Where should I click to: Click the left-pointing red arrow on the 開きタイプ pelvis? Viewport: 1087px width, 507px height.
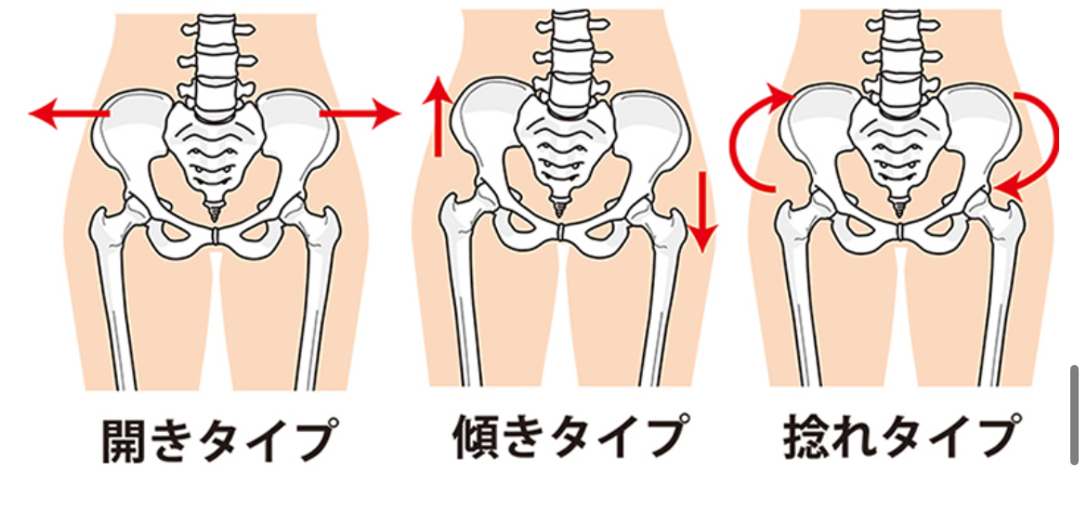pos(70,114)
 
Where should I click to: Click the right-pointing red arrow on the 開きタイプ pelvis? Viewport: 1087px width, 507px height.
pos(359,113)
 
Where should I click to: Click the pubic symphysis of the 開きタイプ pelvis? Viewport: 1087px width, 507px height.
pos(216,237)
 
